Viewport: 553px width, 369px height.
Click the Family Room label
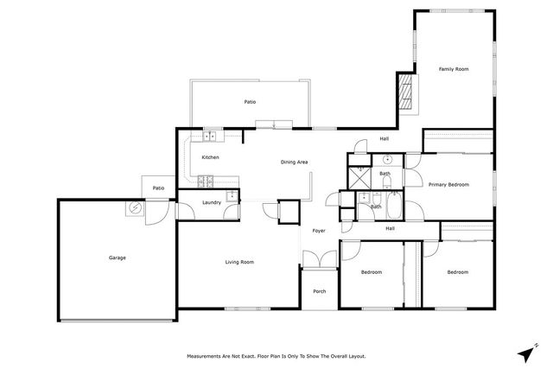[x=453, y=68]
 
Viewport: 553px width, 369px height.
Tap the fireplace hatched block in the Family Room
[x=405, y=90]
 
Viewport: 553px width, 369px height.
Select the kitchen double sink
[x=211, y=136]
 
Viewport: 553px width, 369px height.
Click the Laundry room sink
[x=232, y=196]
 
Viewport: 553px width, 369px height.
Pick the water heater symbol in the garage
[x=136, y=207]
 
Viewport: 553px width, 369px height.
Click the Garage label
[x=117, y=258]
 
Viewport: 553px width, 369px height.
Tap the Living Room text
[x=238, y=261]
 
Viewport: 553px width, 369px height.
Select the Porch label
[x=319, y=291]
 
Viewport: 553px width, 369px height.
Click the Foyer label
[x=319, y=231]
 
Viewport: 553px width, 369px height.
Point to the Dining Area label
[x=294, y=162]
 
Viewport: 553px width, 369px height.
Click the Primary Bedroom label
[x=448, y=184]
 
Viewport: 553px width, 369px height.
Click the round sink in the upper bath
[x=389, y=160]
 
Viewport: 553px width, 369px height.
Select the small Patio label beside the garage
[x=158, y=188]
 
